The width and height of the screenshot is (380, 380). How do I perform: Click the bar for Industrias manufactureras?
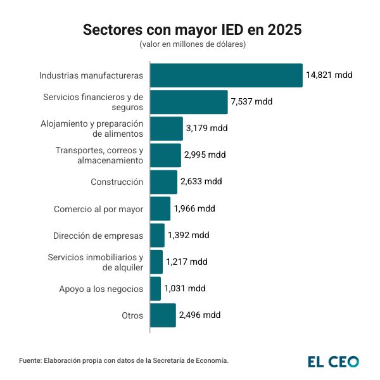(226, 75)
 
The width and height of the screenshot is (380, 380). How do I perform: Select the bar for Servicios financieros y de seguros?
(189, 102)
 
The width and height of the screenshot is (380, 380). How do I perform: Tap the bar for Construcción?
(163, 182)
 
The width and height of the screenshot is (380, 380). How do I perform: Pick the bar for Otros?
(163, 315)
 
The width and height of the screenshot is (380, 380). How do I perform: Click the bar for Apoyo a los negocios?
(155, 288)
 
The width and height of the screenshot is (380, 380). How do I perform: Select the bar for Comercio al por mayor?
(160, 208)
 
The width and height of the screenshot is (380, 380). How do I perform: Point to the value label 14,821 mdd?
(329, 75)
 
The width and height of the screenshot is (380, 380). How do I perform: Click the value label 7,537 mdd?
(253, 101)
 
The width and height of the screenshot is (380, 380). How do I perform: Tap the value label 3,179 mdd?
(206, 128)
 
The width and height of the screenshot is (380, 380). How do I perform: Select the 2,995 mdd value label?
(205, 155)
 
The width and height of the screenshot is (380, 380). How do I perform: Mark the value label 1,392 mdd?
(188, 235)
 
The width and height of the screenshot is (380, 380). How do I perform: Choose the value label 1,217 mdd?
(187, 262)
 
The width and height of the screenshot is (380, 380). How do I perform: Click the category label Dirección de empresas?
(98, 236)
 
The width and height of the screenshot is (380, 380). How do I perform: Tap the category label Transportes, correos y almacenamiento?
(99, 155)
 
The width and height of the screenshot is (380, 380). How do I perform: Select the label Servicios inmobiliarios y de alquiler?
(96, 262)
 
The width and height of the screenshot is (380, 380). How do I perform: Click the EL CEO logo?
(333, 362)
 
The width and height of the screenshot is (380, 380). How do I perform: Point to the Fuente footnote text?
(123, 360)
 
